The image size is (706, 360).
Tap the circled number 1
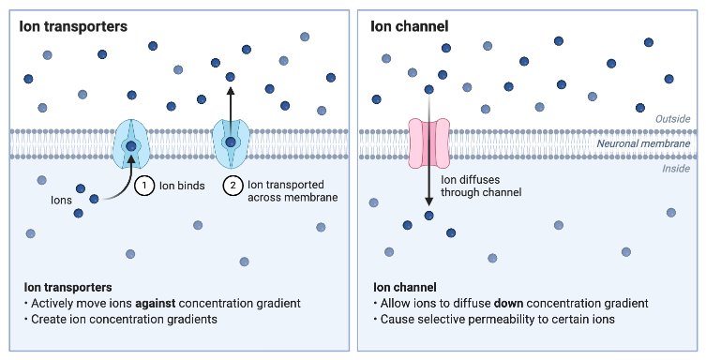tap(144, 186)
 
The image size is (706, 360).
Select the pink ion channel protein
tap(428, 142)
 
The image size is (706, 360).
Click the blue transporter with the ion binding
tap(130, 143)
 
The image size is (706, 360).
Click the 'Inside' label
tap(676, 168)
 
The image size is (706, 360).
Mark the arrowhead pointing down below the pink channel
tap(428, 202)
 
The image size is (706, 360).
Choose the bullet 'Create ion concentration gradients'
tap(122, 320)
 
